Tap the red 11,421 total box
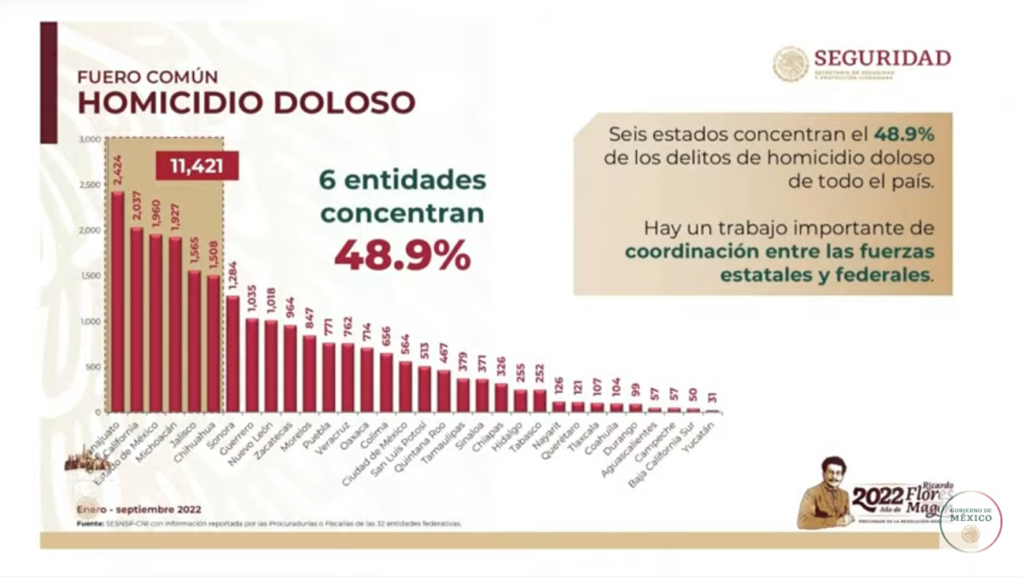(x=196, y=166)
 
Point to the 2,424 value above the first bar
(x=117, y=172)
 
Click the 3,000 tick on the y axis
(x=90, y=140)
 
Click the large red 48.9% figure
(x=403, y=254)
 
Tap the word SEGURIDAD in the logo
(x=882, y=58)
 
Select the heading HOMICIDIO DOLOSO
(x=246, y=103)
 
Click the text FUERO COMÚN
(x=147, y=77)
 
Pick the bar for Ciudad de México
(x=405, y=386)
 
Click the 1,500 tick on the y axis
(x=90, y=276)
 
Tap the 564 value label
(x=405, y=346)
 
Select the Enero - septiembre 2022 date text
(x=139, y=509)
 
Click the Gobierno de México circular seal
(x=970, y=521)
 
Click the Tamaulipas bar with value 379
(x=463, y=395)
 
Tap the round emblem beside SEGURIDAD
(x=790, y=64)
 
